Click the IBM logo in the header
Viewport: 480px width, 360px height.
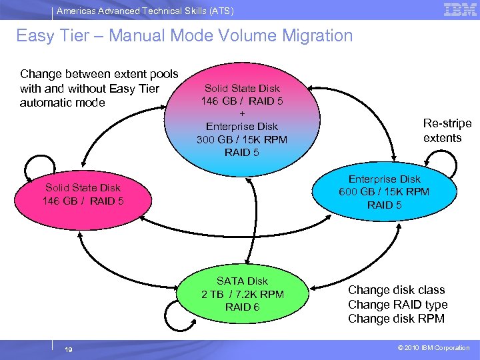(459, 9)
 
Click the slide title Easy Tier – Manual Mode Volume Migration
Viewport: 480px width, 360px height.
(184, 35)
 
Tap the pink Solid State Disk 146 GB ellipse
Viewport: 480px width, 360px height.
(83, 194)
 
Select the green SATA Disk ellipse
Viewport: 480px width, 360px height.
(242, 293)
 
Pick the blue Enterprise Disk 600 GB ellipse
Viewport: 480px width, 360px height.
(384, 192)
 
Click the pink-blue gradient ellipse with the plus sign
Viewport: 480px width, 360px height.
(241, 120)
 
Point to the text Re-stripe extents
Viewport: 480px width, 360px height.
(447, 131)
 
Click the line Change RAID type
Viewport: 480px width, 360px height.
(397, 305)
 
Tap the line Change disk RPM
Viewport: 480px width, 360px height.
(396, 319)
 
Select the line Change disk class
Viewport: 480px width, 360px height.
(396, 290)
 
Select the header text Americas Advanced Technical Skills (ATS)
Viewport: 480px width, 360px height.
(145, 11)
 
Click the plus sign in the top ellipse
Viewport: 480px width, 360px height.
(241, 113)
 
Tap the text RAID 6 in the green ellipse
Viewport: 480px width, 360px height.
(242, 307)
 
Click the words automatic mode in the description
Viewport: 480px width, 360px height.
(63, 103)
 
